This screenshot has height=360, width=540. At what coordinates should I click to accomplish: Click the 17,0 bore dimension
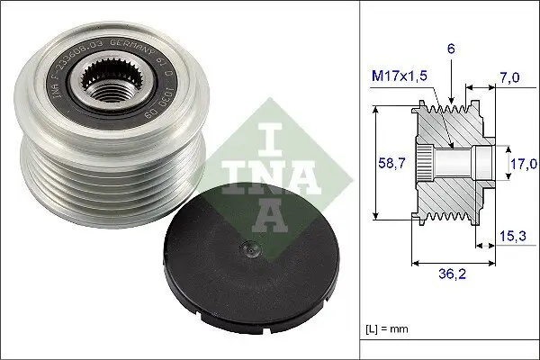coord(521,164)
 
